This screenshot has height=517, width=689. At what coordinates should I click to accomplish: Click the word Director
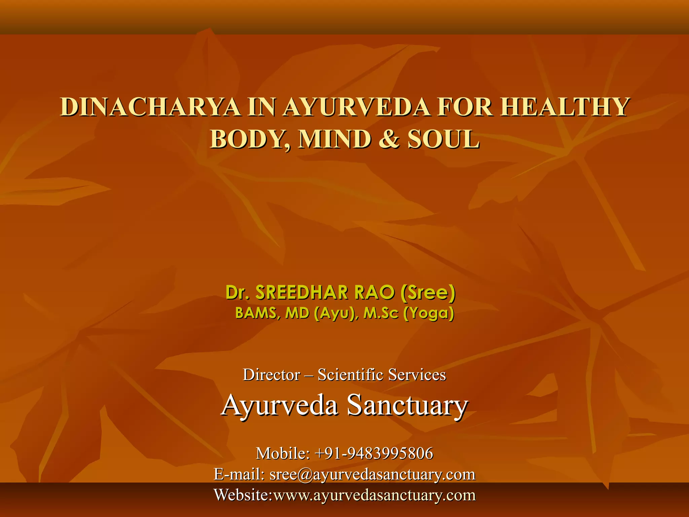point(271,375)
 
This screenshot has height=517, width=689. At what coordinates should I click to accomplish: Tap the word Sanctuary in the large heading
point(407,405)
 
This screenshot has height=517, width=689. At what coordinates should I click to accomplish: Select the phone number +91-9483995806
point(373,453)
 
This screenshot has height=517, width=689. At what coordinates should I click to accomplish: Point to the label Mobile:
point(283,453)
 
